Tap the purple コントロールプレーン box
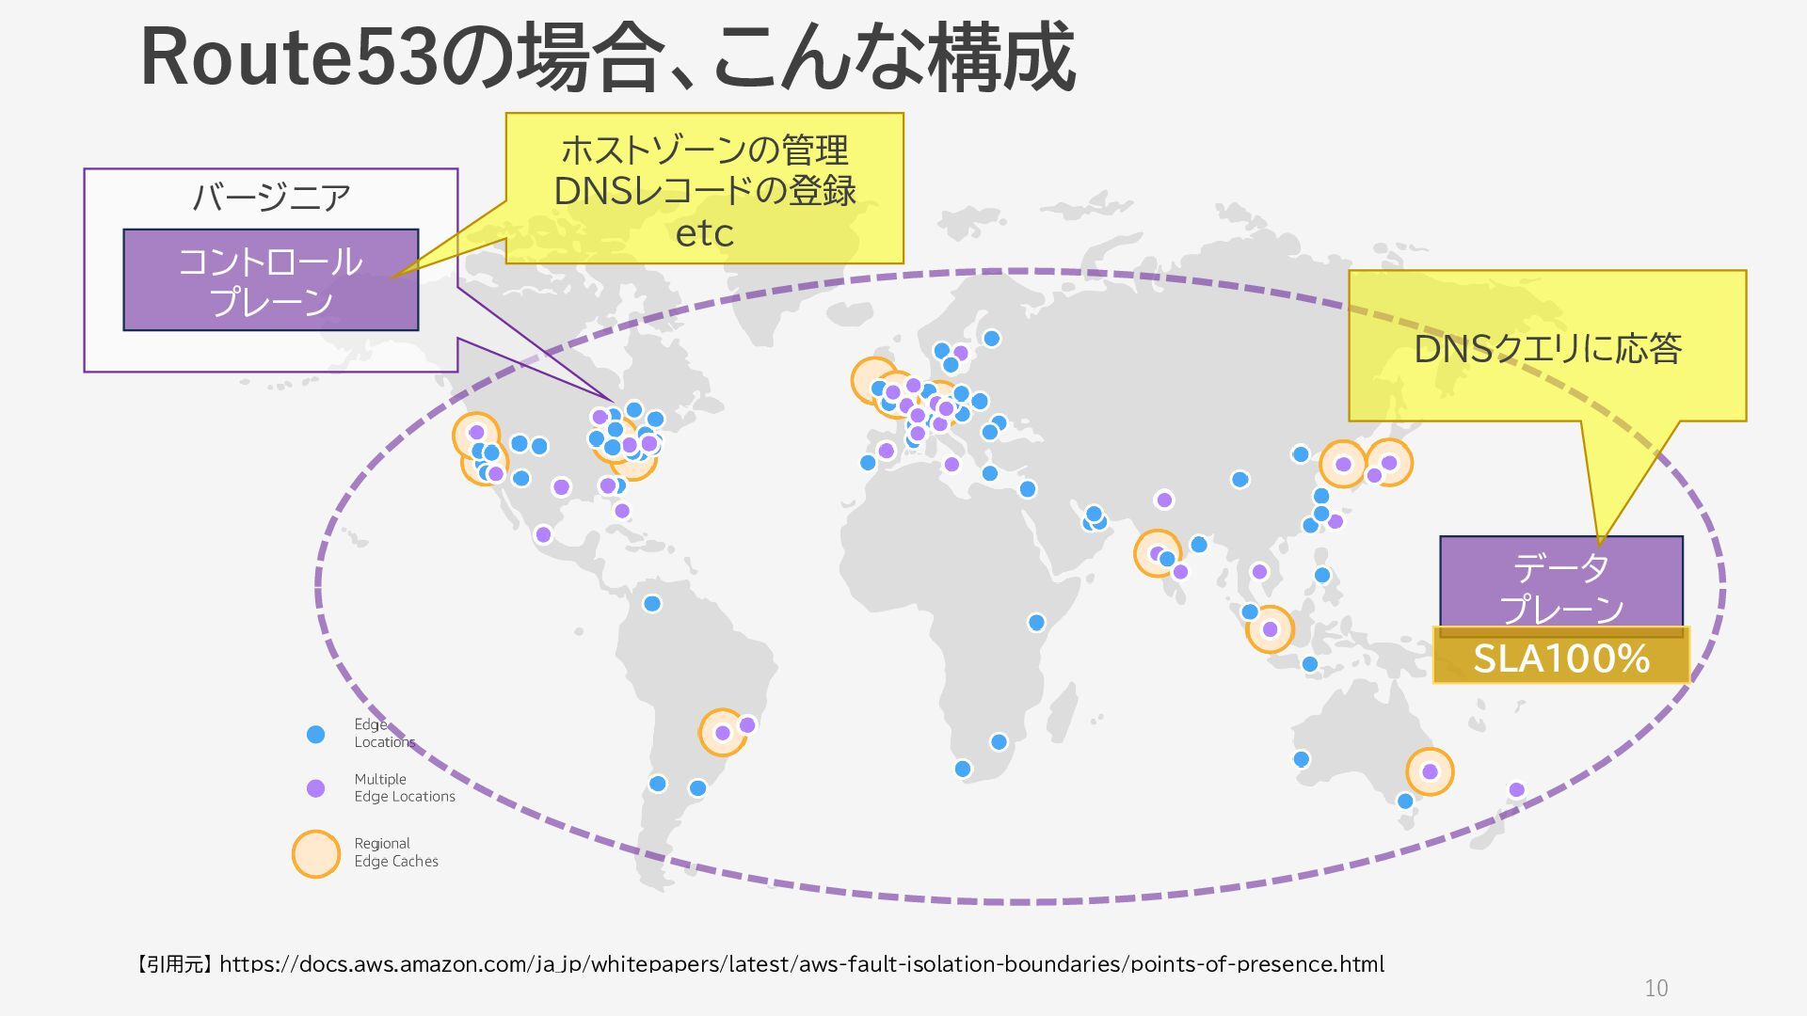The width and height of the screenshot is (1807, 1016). [x=270, y=279]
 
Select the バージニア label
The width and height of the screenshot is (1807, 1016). [x=271, y=198]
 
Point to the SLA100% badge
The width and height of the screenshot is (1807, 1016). [x=1560, y=657]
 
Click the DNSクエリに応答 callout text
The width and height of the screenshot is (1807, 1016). [x=1547, y=349]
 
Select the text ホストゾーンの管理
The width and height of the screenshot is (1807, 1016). [x=704, y=150]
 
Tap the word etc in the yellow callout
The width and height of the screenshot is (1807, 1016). [x=704, y=233]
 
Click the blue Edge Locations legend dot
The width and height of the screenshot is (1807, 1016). [x=316, y=734]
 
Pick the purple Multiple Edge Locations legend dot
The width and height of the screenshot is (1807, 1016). [x=316, y=788]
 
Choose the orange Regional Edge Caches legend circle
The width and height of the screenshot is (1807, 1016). [x=316, y=854]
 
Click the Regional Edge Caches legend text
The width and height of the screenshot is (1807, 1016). [x=395, y=852]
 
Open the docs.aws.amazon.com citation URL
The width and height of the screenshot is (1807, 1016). [x=801, y=964]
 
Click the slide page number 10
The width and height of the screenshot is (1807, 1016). [x=1655, y=988]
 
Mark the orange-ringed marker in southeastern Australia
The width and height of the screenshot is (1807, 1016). [x=1430, y=771]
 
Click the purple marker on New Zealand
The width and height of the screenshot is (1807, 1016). [x=1516, y=790]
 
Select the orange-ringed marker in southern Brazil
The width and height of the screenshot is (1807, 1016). [x=723, y=733]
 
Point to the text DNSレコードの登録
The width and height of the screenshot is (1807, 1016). [x=704, y=191]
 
